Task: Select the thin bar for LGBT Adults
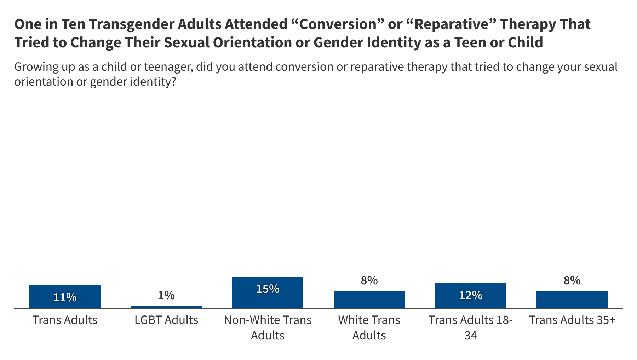click(x=166, y=307)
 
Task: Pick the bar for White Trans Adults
click(x=369, y=300)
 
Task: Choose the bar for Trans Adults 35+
click(x=572, y=300)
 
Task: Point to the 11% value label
click(x=65, y=297)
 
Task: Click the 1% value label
click(x=166, y=295)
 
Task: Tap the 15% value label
click(x=268, y=289)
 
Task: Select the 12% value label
click(x=470, y=295)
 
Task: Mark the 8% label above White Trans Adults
click(x=369, y=280)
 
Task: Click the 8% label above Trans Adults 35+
click(x=572, y=280)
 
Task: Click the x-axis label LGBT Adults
click(x=166, y=320)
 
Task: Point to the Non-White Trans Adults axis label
click(x=268, y=327)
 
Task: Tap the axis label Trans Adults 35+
click(x=572, y=320)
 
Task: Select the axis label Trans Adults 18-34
click(x=470, y=327)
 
